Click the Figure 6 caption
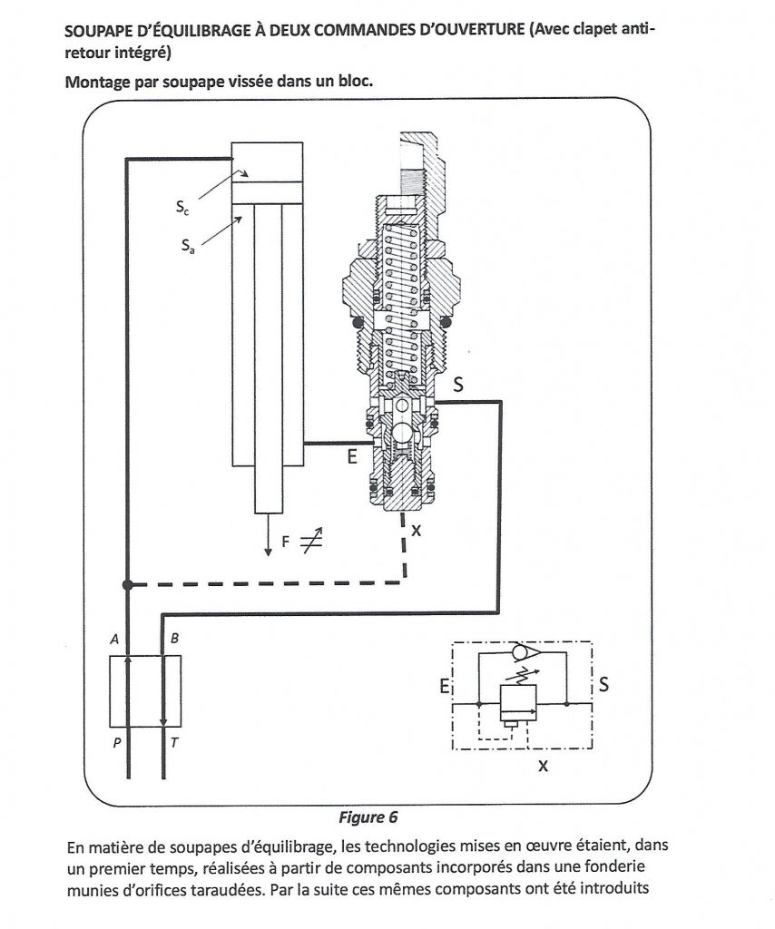click(368, 817)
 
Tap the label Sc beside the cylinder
click(182, 208)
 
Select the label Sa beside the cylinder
click(188, 245)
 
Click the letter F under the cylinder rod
click(286, 542)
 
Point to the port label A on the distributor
click(115, 639)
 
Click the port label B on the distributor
click(174, 638)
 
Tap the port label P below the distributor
click(117, 742)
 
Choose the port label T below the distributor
click(174, 742)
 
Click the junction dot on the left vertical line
click(127, 585)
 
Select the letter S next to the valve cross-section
click(458, 385)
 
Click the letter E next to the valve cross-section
click(352, 457)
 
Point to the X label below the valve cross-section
click(416, 530)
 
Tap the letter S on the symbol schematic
click(603, 684)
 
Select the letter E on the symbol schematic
click(444, 686)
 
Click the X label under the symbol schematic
click(543, 766)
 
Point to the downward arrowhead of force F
click(269, 552)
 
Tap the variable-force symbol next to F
click(311, 541)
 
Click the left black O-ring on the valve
click(358, 323)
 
